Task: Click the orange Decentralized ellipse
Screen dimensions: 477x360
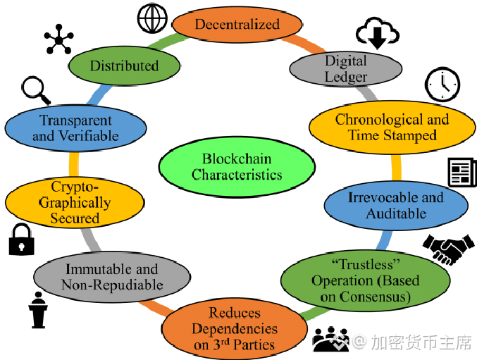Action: pyautogui.click(x=237, y=25)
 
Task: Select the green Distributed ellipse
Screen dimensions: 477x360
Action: pyautogui.click(x=124, y=66)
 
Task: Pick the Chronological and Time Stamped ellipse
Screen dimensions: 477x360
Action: pyautogui.click(x=392, y=127)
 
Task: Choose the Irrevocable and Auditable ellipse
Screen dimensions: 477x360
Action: pyautogui.click(x=396, y=205)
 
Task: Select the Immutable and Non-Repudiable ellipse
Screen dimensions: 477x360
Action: pyautogui.click(x=112, y=277)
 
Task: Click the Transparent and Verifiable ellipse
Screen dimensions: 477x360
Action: pyautogui.click(x=75, y=128)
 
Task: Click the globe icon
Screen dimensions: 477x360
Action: pyautogui.click(x=151, y=19)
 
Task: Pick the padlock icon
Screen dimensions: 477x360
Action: pyautogui.click(x=20, y=240)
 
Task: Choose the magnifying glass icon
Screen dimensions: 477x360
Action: pyautogui.click(x=35, y=90)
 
